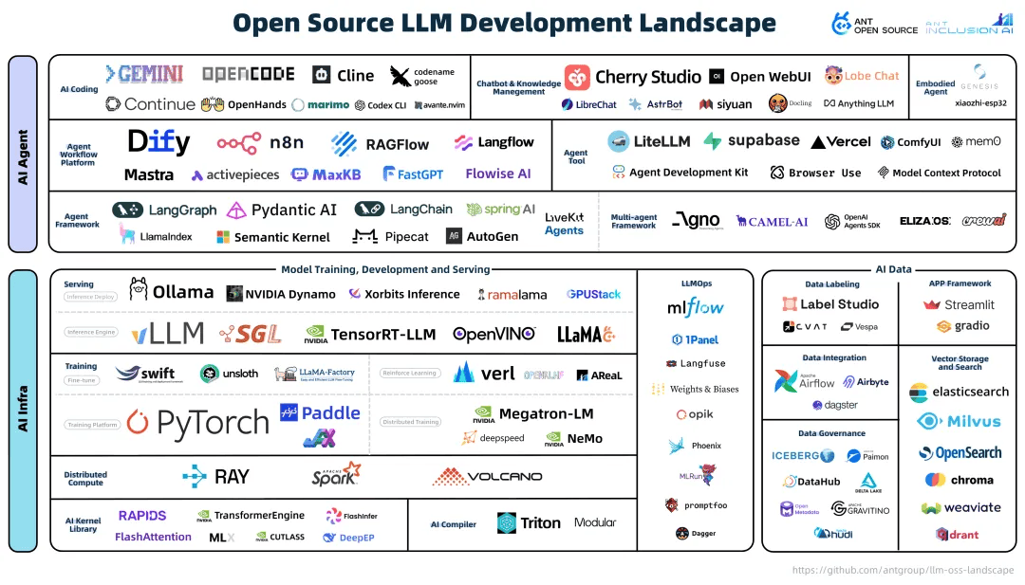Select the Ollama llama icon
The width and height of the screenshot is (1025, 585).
tap(140, 289)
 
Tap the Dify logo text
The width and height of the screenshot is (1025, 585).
tap(158, 142)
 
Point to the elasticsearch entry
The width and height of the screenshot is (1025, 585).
tap(960, 392)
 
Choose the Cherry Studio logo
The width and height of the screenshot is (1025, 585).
tap(577, 77)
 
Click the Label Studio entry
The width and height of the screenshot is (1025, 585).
tap(830, 304)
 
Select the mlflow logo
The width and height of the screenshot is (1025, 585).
tap(696, 307)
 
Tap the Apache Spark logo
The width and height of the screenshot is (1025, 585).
tap(336, 475)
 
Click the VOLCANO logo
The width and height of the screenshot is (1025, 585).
tap(487, 476)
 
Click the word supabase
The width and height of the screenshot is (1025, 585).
tap(763, 140)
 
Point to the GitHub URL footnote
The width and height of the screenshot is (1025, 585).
tap(903, 571)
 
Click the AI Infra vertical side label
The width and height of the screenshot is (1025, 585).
tap(23, 411)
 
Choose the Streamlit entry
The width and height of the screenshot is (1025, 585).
tap(960, 304)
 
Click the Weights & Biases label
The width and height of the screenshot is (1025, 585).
tap(703, 389)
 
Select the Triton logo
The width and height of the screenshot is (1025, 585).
tap(529, 522)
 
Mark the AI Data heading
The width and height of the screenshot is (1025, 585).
tap(893, 270)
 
